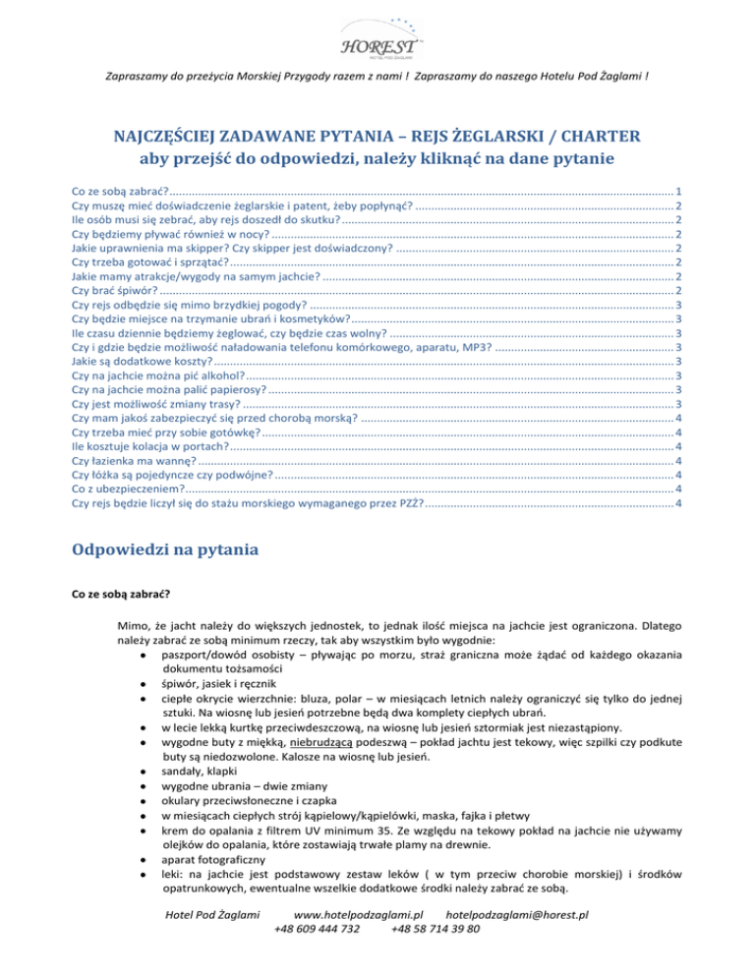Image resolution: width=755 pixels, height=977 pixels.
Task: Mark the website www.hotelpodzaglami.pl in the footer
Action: pyautogui.click(x=365, y=942)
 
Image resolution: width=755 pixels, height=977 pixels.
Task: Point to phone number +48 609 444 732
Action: pyautogui.click(x=317, y=956)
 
